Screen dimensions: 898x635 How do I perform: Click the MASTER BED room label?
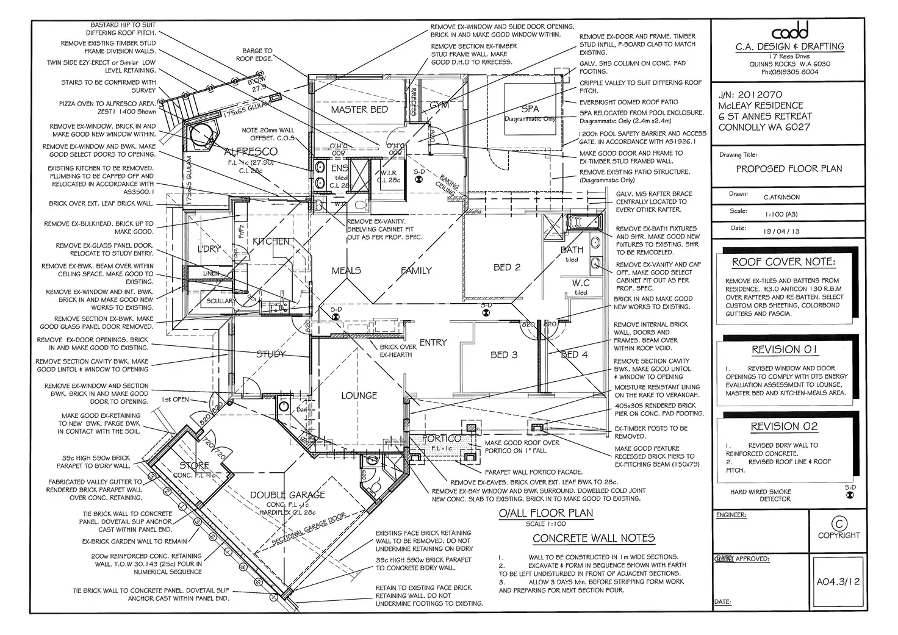359,110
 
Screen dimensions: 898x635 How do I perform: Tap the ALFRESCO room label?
250,151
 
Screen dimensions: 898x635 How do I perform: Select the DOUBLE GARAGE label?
287,495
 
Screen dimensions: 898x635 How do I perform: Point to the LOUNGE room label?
359,396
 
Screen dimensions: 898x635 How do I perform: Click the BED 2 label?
506,267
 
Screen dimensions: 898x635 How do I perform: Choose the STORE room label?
194,465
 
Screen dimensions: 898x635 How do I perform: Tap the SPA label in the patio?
530,109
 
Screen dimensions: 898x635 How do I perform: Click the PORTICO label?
441,439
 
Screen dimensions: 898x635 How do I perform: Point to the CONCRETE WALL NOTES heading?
594,538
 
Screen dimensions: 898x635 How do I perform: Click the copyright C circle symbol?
839,523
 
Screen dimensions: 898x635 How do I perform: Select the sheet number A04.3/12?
838,582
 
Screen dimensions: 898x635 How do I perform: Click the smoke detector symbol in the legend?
850,495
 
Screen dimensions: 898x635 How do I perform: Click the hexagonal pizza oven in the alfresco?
203,135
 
